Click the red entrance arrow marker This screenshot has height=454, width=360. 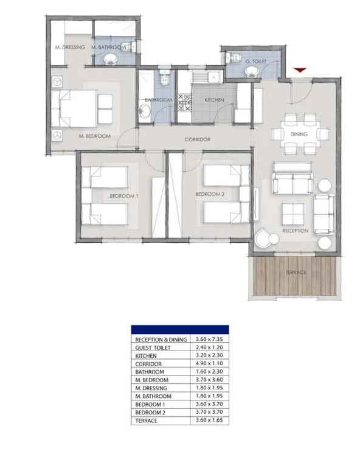(x=298, y=72)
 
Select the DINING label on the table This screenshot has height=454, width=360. (x=299, y=134)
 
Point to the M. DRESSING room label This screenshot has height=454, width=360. (x=69, y=47)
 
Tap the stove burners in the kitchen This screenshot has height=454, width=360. (x=184, y=101)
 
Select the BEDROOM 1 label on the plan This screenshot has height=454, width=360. (x=123, y=196)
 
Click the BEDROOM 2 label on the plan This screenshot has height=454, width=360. (x=210, y=194)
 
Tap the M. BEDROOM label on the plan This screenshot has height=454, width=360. (x=95, y=136)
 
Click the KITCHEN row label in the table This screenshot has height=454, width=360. (x=146, y=355)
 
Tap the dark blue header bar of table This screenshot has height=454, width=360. (x=180, y=329)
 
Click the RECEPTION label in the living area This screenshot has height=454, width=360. (x=296, y=231)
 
